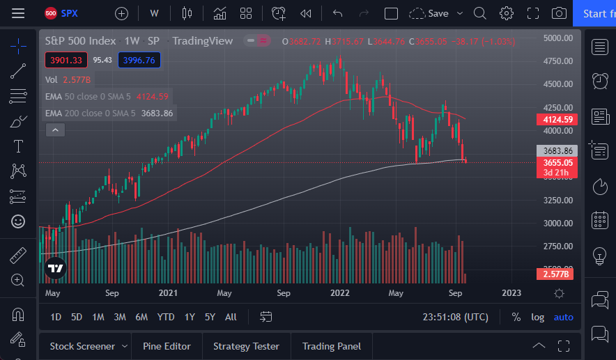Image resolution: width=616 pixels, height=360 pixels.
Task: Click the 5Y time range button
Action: [x=210, y=317]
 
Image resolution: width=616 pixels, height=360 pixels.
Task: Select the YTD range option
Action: [x=166, y=317]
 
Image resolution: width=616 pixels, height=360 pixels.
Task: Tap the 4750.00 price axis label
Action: [x=558, y=61]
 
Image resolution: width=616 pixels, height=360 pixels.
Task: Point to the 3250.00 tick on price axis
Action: [x=558, y=201]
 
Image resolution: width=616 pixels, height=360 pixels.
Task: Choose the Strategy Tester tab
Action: [x=246, y=346]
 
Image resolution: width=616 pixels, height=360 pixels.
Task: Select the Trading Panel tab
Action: [x=332, y=346]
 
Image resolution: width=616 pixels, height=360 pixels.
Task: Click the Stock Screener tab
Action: [x=82, y=346]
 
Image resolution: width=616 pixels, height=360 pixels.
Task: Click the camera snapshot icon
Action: [x=559, y=13]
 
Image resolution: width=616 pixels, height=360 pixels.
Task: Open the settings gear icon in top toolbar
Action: [x=507, y=13]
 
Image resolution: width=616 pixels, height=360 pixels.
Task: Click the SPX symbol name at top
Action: [x=70, y=13]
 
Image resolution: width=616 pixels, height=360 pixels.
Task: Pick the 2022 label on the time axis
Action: [x=339, y=293]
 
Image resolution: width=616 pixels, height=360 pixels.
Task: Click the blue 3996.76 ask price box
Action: [x=139, y=61]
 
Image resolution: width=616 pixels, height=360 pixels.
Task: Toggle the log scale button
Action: [x=537, y=317]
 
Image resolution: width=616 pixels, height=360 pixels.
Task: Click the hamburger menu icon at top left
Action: [x=18, y=13]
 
